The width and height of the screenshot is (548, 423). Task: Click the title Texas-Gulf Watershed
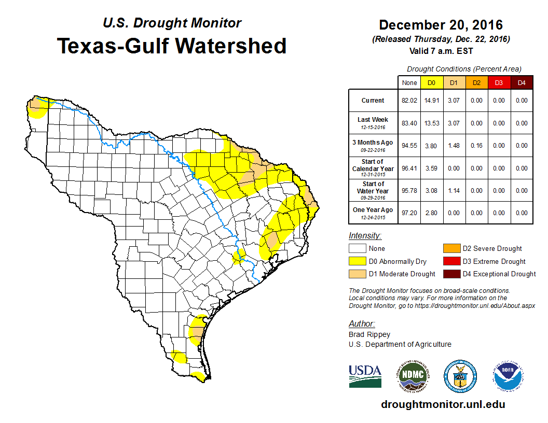click(x=171, y=46)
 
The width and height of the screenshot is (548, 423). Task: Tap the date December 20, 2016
click(x=441, y=25)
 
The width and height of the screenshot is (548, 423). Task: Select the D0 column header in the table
click(x=431, y=83)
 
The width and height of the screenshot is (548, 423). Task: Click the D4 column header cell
click(x=522, y=83)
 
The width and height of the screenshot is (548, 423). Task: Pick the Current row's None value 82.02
click(x=409, y=101)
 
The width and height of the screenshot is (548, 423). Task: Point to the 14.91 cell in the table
click(x=431, y=101)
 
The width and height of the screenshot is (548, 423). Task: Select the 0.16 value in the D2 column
click(x=476, y=146)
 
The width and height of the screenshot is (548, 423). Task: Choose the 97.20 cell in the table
click(x=409, y=213)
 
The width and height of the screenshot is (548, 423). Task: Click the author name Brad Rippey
click(x=369, y=334)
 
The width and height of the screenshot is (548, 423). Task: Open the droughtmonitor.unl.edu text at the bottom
click(x=443, y=404)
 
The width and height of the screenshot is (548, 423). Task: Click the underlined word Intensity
click(x=365, y=236)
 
